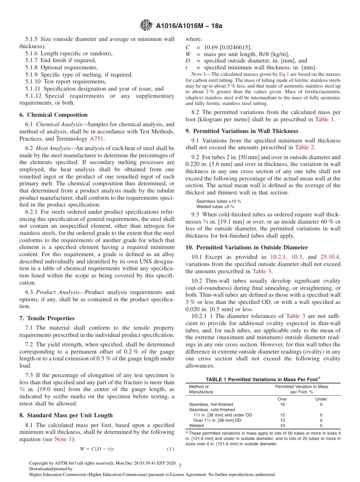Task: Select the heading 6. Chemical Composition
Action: [x=53, y=115]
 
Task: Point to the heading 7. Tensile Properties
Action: [x=47, y=318]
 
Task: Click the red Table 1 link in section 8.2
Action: [x=324, y=119]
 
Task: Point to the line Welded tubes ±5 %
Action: [x=215, y=207]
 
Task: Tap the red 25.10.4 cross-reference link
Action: [x=330, y=257]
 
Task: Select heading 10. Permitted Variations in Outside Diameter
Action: [x=247, y=247]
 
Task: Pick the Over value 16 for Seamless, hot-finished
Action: [x=282, y=404]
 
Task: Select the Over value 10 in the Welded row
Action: [x=282, y=426]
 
